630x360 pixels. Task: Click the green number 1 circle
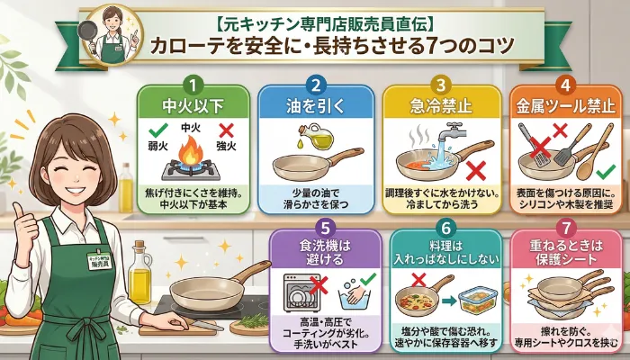point(190,85)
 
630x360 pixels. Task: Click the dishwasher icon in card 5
point(303,293)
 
